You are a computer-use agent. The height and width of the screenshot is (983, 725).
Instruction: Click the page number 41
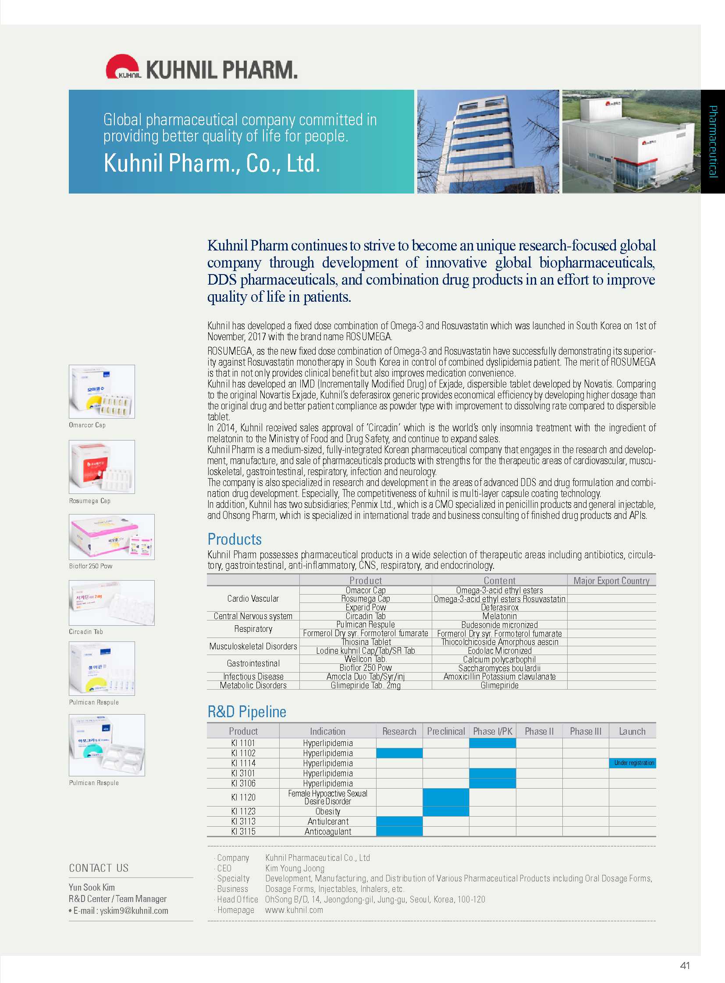(x=685, y=965)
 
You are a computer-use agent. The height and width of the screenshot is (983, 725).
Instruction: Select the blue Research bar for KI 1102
(x=399, y=753)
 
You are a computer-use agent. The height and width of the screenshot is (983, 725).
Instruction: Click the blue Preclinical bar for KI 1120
(x=446, y=797)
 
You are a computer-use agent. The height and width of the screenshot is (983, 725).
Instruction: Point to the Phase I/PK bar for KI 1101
(x=492, y=743)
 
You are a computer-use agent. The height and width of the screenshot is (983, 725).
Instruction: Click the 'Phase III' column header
(x=586, y=731)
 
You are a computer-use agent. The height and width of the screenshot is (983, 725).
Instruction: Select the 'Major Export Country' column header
(x=611, y=581)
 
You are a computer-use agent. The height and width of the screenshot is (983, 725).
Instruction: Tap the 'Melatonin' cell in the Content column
(x=499, y=616)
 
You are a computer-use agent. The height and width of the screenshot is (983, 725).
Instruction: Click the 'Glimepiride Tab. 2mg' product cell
(x=366, y=685)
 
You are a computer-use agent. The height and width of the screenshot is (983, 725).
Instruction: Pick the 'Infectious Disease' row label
(x=253, y=676)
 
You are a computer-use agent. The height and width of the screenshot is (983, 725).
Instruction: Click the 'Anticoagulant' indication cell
(x=328, y=832)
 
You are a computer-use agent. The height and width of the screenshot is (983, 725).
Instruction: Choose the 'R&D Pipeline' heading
(x=247, y=712)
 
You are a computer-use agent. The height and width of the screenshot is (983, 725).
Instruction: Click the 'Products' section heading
(x=235, y=539)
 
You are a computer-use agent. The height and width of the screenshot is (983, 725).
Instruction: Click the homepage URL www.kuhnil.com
(x=294, y=910)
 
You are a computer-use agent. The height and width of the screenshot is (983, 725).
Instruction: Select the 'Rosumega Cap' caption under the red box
(x=89, y=501)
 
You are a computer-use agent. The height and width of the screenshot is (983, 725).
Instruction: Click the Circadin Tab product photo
(x=111, y=602)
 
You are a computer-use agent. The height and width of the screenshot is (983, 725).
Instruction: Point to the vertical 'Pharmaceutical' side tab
(x=713, y=141)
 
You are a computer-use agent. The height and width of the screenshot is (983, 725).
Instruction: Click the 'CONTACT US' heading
(x=99, y=868)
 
